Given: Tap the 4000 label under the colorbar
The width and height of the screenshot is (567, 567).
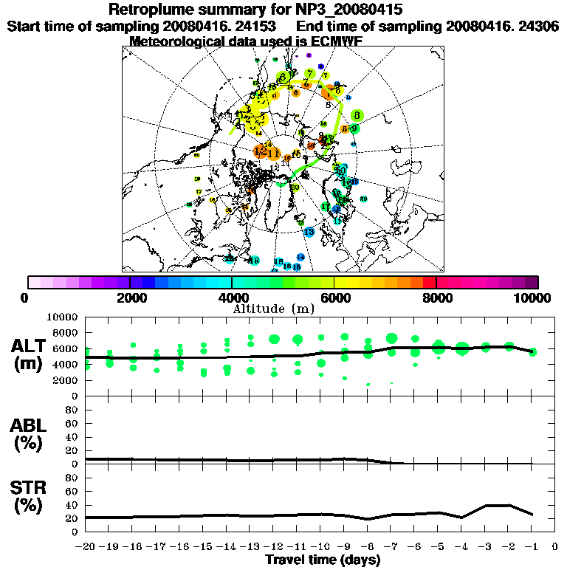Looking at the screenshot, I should (x=231, y=298).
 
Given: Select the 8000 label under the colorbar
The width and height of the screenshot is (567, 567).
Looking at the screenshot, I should (x=436, y=298).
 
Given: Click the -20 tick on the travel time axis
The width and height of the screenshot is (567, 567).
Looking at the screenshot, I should (x=86, y=548).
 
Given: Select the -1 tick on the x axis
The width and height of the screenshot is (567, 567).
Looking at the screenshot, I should (x=532, y=548).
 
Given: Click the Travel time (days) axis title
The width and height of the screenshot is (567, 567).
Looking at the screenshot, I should (x=323, y=560).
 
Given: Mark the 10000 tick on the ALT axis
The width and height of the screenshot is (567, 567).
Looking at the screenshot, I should (x=62, y=317).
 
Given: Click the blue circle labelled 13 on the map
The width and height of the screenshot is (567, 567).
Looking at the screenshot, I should (x=355, y=181).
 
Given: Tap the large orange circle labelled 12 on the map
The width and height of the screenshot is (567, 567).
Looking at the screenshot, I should (x=260, y=151).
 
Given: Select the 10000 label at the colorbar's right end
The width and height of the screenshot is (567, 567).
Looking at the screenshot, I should (x=533, y=298).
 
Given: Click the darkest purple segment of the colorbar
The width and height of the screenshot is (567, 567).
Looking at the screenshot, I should (x=532, y=282).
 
